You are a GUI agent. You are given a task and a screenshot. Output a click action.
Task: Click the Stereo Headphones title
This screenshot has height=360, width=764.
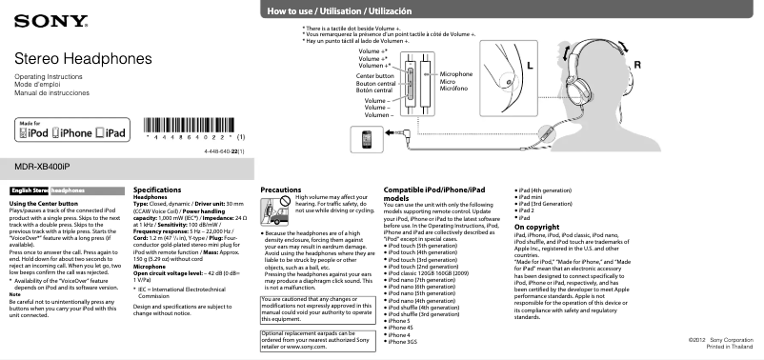pos(70,59)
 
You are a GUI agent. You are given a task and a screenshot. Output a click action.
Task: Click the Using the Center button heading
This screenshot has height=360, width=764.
pos(43,205)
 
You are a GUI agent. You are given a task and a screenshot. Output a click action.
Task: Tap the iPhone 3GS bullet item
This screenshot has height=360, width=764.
pos(402,341)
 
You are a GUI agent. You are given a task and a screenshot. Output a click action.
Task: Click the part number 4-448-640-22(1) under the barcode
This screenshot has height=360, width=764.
pos(225,151)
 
